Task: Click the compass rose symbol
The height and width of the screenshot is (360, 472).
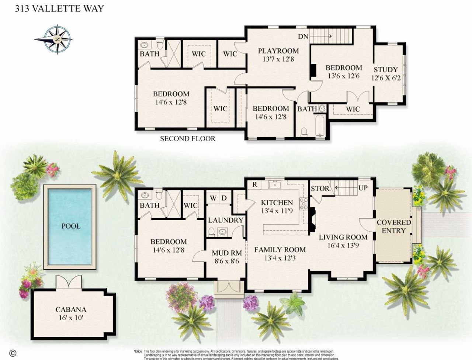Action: coord(57,39)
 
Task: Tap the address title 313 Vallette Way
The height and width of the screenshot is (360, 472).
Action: coord(59,8)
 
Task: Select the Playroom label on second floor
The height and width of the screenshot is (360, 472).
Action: coord(278,51)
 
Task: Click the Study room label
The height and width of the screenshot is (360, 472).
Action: coord(386,69)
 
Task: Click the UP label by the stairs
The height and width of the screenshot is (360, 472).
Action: coord(363,188)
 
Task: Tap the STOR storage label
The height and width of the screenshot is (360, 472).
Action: coord(320,188)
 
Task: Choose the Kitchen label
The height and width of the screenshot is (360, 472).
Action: coord(277,202)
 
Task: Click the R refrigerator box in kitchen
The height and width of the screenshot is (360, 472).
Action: coord(255,184)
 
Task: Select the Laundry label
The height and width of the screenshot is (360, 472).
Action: coord(226,220)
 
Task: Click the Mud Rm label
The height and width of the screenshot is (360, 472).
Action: coord(227,253)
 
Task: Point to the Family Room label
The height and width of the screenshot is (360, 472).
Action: coord(280,250)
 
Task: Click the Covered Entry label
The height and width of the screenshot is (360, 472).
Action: coord(393,226)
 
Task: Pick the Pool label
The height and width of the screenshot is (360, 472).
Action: coord(70,226)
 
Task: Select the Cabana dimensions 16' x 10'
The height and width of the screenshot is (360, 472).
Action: coord(70,318)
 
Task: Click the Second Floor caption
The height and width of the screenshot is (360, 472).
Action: coord(187,139)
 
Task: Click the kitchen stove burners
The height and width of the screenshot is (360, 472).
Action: coord(304,204)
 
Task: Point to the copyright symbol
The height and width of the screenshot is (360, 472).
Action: coord(13,353)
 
